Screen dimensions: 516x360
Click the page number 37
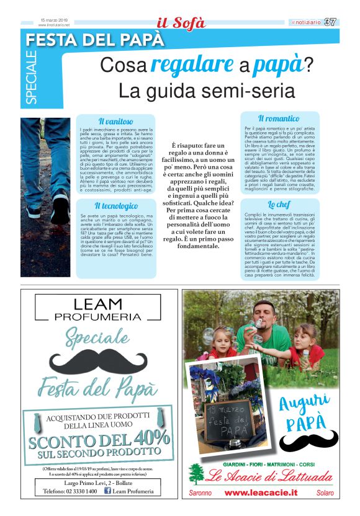[x=330, y=22]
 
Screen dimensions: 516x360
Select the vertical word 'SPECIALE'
[x=32, y=78]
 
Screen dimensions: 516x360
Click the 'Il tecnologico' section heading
[x=116, y=205]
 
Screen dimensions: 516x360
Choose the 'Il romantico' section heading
[x=279, y=118]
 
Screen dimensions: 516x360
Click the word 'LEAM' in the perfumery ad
[x=98, y=305]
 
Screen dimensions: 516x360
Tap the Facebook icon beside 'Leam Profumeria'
[x=108, y=491]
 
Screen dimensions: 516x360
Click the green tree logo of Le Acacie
[x=197, y=474]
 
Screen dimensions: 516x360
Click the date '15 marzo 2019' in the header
[x=54, y=20]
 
